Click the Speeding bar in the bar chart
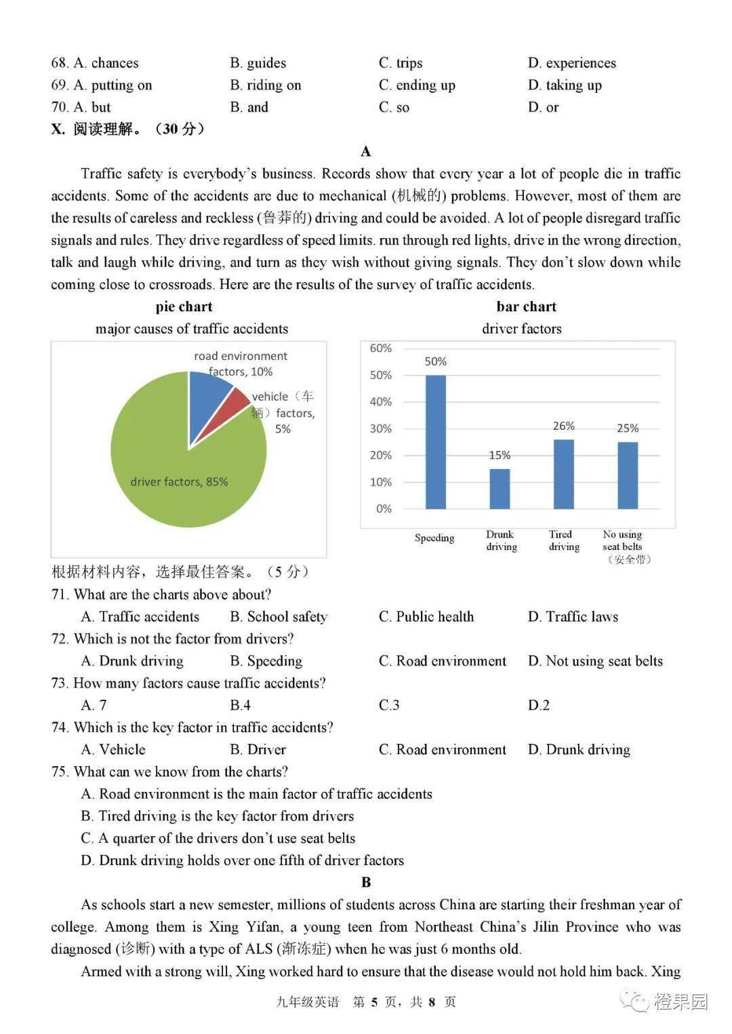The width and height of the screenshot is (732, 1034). (435, 441)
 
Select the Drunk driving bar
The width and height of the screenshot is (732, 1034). (500, 488)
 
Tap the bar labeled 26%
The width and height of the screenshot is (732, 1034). (563, 474)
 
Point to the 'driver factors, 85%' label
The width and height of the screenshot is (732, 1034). (179, 481)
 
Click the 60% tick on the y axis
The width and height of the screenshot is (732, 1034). (381, 348)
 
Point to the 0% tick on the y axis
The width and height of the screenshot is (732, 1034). (384, 509)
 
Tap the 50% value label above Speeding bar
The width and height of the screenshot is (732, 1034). (435, 361)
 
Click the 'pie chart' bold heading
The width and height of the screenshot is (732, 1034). (184, 306)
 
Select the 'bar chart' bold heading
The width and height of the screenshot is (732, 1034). (526, 306)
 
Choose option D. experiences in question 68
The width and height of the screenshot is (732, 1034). (571, 63)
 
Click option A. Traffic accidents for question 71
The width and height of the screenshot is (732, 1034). (140, 616)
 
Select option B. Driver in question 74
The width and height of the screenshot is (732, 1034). (258, 749)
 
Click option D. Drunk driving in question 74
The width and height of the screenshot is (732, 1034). (579, 749)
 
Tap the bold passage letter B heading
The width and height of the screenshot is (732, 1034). (366, 882)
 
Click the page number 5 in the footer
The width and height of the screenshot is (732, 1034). (373, 1001)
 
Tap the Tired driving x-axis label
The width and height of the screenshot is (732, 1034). (563, 540)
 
